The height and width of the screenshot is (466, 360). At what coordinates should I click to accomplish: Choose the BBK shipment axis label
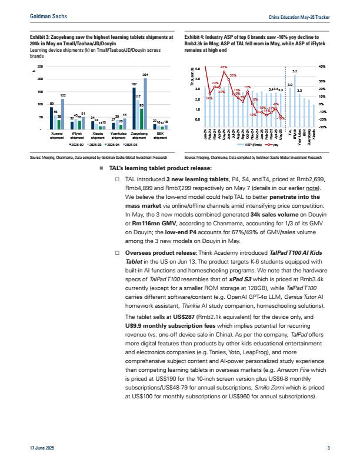161,137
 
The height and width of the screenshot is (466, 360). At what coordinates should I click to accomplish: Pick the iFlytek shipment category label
77,137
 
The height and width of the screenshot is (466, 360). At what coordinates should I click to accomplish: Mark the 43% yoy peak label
224,68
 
